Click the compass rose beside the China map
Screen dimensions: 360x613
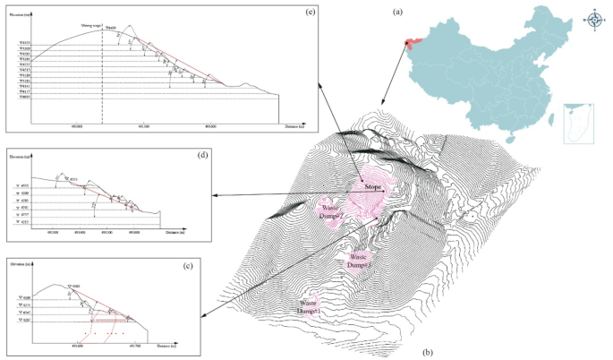[x=595, y=21]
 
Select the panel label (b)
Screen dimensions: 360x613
[x=429, y=351]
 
